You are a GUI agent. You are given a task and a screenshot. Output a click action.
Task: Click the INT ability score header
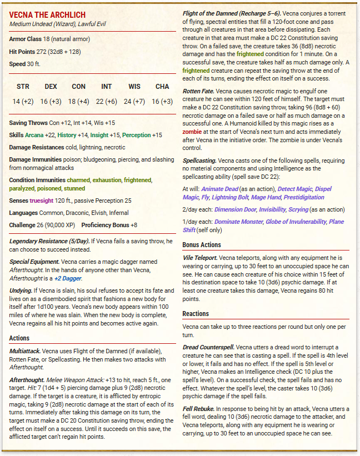(106, 87)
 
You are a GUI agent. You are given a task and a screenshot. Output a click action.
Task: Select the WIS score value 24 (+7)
(134, 101)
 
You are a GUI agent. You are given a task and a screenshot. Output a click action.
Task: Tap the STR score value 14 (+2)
(23, 101)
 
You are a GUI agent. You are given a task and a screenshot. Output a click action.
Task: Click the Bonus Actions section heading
(202, 244)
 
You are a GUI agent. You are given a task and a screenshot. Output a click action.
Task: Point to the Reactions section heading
(196, 314)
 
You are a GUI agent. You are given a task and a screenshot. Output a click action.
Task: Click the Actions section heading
(20, 338)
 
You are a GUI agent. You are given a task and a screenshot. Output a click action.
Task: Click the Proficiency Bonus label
(106, 225)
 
